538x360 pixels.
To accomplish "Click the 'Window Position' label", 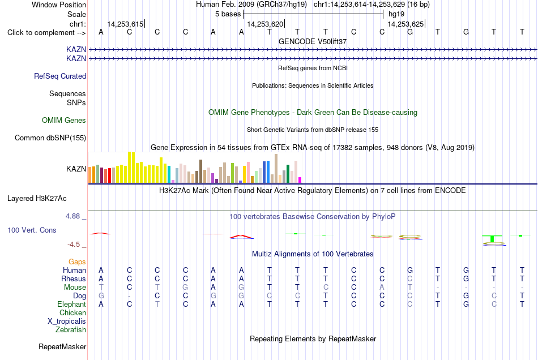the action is click(x=59, y=5).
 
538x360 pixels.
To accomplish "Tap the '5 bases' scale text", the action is click(x=228, y=14).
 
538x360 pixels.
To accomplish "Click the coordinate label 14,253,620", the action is click(x=265, y=24).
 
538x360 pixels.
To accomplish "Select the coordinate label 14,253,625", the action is click(x=405, y=24).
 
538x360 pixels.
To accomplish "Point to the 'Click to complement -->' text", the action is click(x=46, y=33).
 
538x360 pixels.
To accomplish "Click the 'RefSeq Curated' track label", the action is click(x=60, y=76).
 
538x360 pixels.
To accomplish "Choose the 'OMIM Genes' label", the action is click(x=64, y=121).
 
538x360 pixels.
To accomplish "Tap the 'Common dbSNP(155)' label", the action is click(x=50, y=138).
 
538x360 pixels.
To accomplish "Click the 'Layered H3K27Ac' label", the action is click(x=37, y=199).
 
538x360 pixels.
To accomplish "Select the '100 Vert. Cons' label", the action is click(x=32, y=230).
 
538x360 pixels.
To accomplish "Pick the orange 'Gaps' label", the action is click(x=77, y=262).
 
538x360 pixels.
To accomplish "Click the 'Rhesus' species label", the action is click(x=74, y=278).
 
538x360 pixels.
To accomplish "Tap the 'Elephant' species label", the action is click(x=72, y=304).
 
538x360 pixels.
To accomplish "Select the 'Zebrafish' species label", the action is click(x=71, y=329).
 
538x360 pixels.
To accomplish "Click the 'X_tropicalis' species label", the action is click(x=67, y=322).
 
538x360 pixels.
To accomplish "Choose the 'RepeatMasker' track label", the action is click(x=62, y=346).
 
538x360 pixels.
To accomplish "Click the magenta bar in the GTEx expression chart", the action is click(x=300, y=180).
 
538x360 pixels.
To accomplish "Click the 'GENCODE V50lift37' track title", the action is click(x=313, y=41).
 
